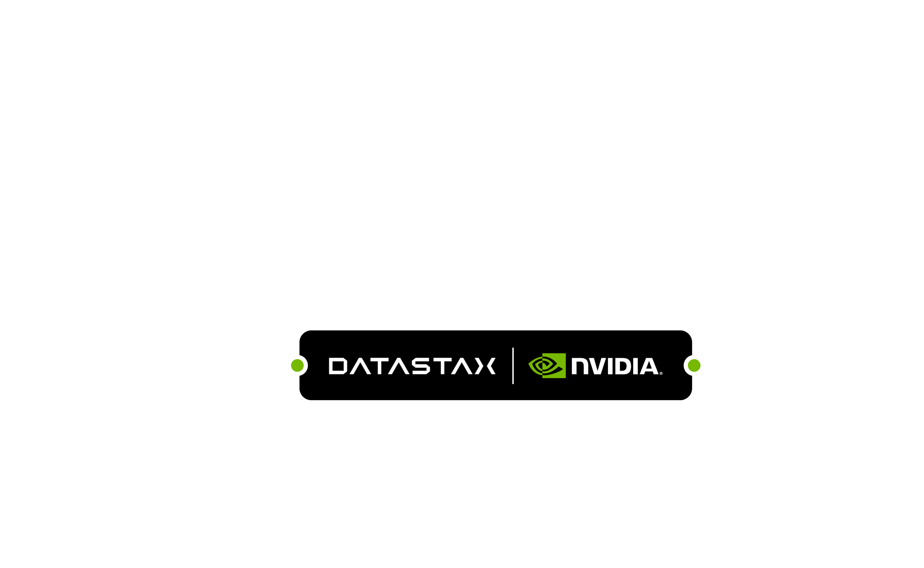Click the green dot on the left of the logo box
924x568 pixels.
click(297, 365)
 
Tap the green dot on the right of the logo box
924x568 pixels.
click(694, 365)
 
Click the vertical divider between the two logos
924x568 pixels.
click(513, 366)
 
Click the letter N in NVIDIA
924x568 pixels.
click(580, 367)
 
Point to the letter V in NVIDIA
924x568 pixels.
click(597, 367)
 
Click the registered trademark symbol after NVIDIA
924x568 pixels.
click(661, 373)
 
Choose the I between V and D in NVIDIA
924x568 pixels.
click(610, 367)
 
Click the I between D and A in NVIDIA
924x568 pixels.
click(635, 367)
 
